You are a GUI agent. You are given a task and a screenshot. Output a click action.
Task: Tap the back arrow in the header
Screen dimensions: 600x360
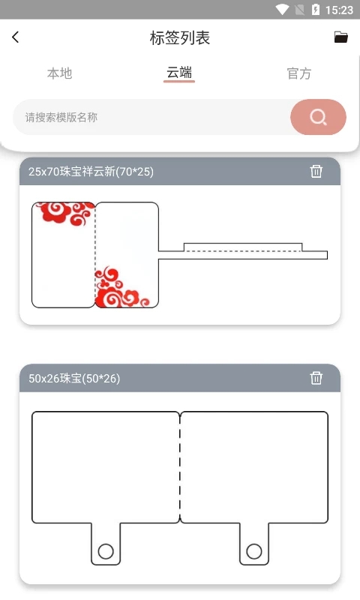16,37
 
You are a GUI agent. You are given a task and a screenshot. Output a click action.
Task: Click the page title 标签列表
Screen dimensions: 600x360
180,38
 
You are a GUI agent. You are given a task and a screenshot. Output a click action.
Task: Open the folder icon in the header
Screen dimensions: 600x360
341,37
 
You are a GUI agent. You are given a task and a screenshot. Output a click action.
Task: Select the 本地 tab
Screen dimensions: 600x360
60,73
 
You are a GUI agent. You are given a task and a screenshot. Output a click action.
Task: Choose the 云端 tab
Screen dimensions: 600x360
179,73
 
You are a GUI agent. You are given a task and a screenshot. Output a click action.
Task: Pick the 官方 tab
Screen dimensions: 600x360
298,73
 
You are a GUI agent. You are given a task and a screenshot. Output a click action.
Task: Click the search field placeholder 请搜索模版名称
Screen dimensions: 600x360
61,117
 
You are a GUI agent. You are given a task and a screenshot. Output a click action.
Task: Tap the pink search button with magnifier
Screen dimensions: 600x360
318,117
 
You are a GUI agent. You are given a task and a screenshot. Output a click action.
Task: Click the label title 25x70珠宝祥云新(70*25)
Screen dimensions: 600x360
91,172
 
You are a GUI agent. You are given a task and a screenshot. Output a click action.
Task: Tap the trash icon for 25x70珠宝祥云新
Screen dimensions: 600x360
316,172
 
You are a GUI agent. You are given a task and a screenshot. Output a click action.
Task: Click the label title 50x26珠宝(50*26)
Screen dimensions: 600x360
74,379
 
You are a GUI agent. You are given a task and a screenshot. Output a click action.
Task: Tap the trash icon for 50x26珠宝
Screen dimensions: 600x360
316,378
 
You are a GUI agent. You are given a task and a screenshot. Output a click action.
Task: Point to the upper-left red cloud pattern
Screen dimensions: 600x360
63,213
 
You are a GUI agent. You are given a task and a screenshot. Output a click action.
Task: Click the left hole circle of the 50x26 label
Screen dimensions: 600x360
106,551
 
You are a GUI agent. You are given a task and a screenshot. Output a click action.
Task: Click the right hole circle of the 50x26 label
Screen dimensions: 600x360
254,551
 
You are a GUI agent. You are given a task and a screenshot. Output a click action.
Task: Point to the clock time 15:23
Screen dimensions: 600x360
340,10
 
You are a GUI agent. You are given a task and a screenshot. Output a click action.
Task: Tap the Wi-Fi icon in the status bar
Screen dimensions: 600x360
283,10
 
